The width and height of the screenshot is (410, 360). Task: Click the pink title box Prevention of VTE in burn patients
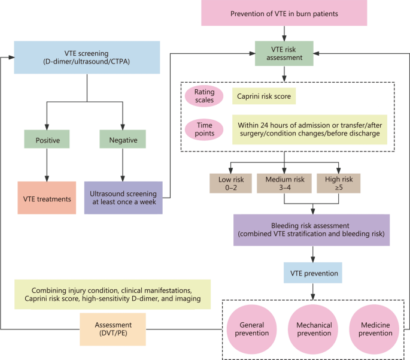click(284, 13)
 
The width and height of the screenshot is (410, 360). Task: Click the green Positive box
click(47, 140)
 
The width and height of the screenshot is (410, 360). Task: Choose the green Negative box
click(123, 140)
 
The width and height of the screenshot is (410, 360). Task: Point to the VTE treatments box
click(47, 198)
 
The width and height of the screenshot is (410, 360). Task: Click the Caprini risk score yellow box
click(264, 95)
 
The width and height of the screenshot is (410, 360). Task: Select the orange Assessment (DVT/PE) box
click(114, 328)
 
